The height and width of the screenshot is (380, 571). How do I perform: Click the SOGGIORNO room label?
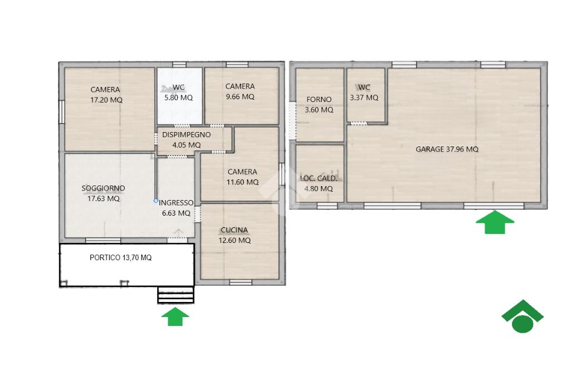pyautogui.click(x=103, y=188)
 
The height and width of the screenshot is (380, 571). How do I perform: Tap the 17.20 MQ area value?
pyautogui.click(x=107, y=100)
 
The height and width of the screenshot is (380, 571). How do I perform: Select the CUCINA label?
pyautogui.click(x=234, y=230)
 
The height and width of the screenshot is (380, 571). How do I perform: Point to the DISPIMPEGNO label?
pyautogui.click(x=186, y=135)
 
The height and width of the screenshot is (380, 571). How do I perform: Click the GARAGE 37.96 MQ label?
pyautogui.click(x=447, y=149)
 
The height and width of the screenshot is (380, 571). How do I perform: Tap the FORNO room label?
pyautogui.click(x=319, y=99)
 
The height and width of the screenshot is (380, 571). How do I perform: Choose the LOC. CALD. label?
pyautogui.click(x=318, y=178)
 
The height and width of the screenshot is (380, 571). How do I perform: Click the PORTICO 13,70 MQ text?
pyautogui.click(x=120, y=258)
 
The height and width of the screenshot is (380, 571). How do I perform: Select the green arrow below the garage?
pyautogui.click(x=495, y=222)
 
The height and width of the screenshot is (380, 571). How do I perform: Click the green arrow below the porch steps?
pyautogui.click(x=175, y=316)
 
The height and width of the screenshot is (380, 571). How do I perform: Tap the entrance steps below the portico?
pyautogui.click(x=176, y=295)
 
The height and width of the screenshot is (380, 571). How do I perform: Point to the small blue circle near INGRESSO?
pyautogui.click(x=156, y=201)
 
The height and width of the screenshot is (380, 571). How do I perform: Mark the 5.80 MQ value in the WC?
pyautogui.click(x=178, y=98)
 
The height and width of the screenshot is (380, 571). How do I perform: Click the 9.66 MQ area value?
pyautogui.click(x=240, y=97)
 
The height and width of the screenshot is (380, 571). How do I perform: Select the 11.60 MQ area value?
pyautogui.click(x=243, y=182)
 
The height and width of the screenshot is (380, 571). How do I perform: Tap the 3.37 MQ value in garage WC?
pyautogui.click(x=364, y=98)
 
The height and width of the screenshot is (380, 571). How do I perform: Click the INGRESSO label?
pyautogui.click(x=176, y=203)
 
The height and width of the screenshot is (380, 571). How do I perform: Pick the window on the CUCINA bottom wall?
pyautogui.click(x=241, y=282)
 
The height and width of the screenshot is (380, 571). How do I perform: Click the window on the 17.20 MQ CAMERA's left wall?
pyautogui.click(x=62, y=112)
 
